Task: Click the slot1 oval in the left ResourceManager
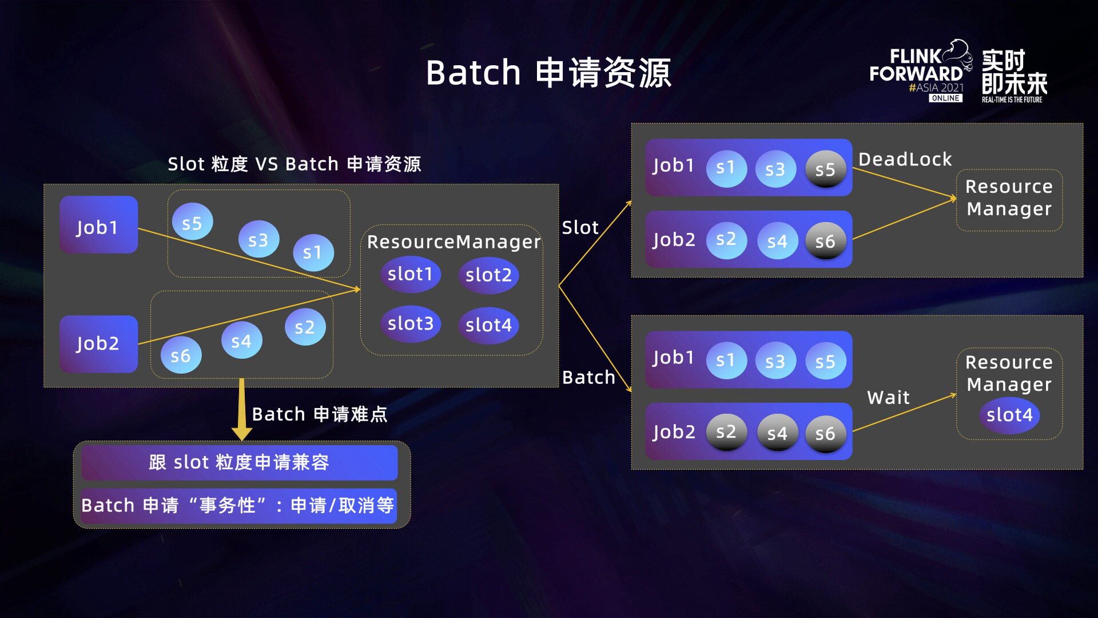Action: [410, 274]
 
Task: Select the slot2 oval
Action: [488, 275]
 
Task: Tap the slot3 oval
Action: [410, 324]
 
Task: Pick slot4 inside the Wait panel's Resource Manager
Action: [1009, 415]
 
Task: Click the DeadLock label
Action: [905, 159]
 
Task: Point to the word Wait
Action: [888, 397]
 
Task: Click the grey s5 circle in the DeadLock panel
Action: [825, 169]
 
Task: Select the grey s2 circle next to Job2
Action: [726, 431]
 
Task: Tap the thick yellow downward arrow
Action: [242, 409]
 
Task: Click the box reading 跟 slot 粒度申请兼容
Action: [239, 462]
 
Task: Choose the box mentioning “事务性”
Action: [238, 505]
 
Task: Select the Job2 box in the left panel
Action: [98, 344]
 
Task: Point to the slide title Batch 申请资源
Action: [548, 73]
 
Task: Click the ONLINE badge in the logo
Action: [945, 98]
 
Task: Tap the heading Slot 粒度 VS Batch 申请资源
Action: [294, 164]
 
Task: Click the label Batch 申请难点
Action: [319, 414]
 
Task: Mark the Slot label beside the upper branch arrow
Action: [580, 228]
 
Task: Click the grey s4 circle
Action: [777, 434]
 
